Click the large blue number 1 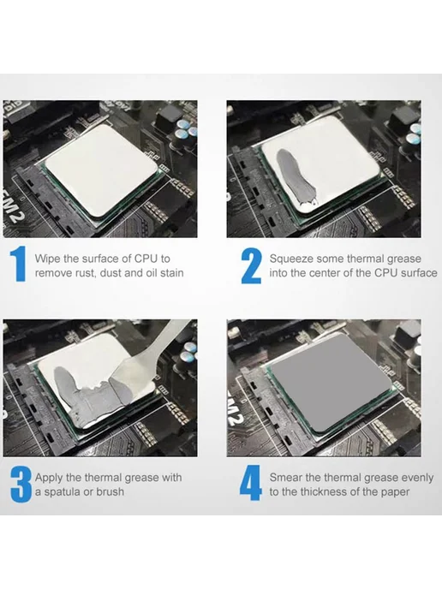click(19, 264)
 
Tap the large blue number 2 click(251, 265)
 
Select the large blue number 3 click(21, 485)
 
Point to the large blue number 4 click(251, 483)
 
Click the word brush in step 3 click(110, 491)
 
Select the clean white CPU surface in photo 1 click(101, 170)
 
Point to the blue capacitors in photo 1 click(186, 129)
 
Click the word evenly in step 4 click(417, 479)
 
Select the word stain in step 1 click(172, 273)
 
